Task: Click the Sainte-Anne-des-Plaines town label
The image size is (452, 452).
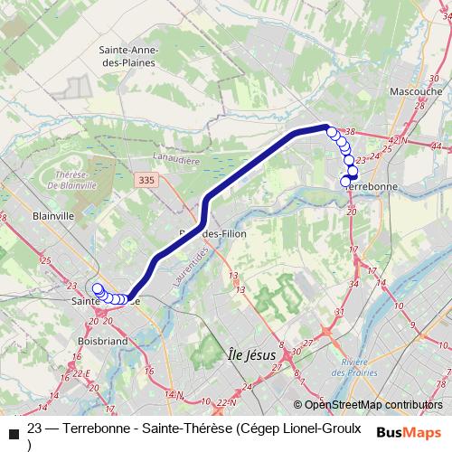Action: coord(126,59)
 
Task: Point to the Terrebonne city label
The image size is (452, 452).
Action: coord(373,186)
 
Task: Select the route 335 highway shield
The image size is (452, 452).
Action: coord(147,181)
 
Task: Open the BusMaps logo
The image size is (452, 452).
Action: coord(409,431)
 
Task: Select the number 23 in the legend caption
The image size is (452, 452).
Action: coord(35,428)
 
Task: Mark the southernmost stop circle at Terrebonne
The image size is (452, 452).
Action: coord(345,182)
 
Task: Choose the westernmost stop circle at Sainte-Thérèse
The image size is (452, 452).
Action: coord(98,289)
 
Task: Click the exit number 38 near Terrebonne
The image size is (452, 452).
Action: coord(351,132)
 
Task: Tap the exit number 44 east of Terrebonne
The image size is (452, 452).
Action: coord(436,146)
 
